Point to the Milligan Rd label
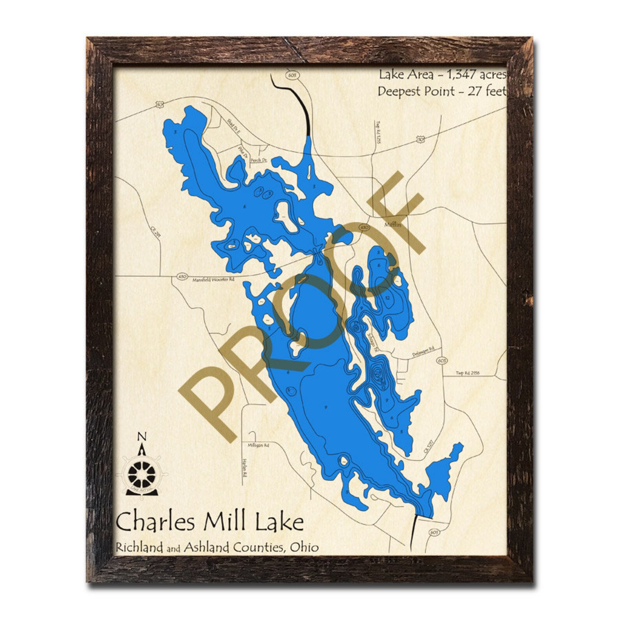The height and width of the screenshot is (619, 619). click(258, 445)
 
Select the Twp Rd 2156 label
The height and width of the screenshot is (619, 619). click(468, 373)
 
